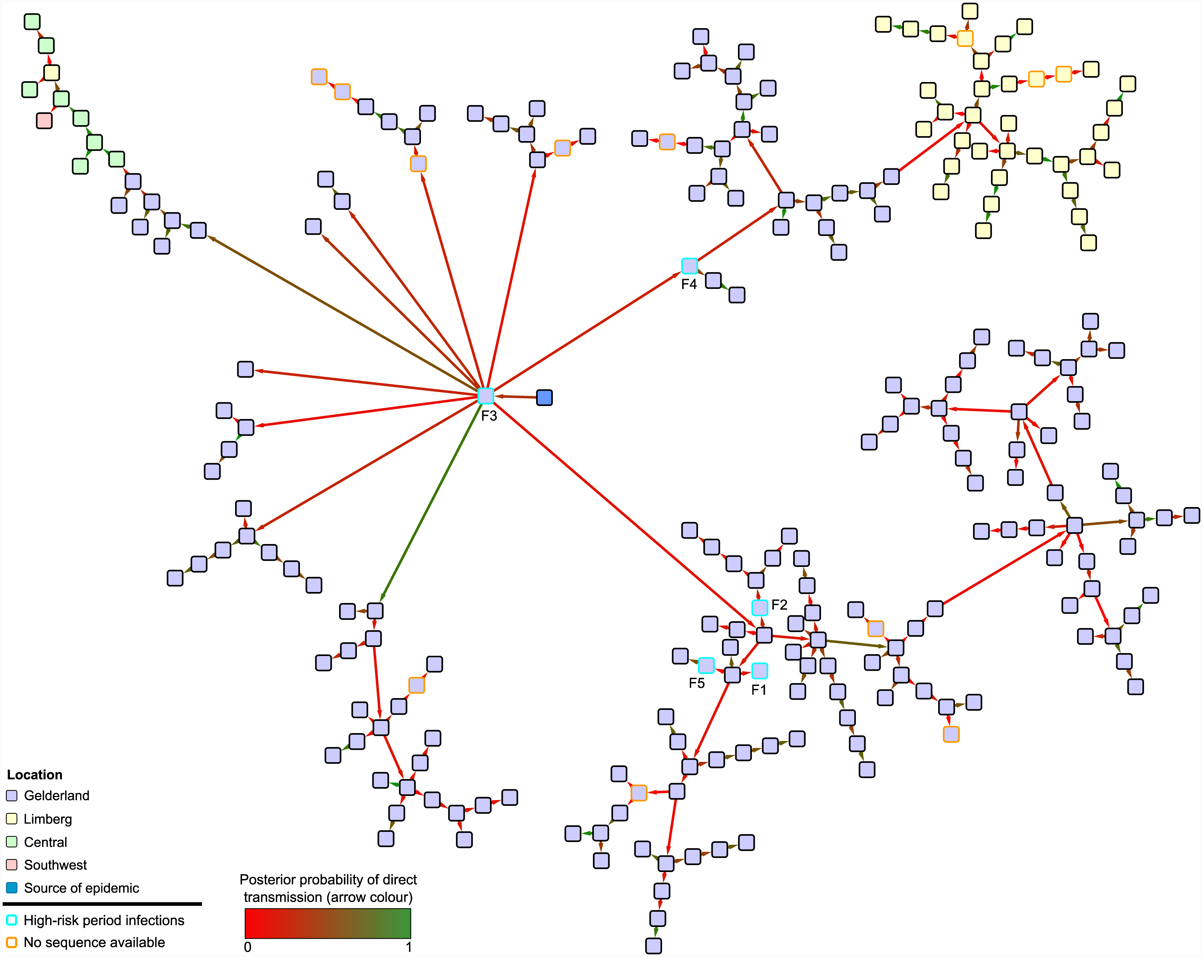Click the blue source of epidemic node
click(x=544, y=397)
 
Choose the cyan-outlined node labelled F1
click(x=759, y=670)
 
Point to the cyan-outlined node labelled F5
click(x=706, y=665)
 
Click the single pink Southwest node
click(x=44, y=121)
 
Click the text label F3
click(x=489, y=416)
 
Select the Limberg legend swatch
click(x=12, y=819)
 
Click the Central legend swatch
click(x=12, y=841)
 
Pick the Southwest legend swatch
click(x=12, y=864)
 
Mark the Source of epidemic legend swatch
click(x=12, y=887)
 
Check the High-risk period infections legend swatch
click(x=12, y=919)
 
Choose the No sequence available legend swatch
click(x=12, y=942)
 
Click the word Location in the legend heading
click(x=35, y=774)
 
